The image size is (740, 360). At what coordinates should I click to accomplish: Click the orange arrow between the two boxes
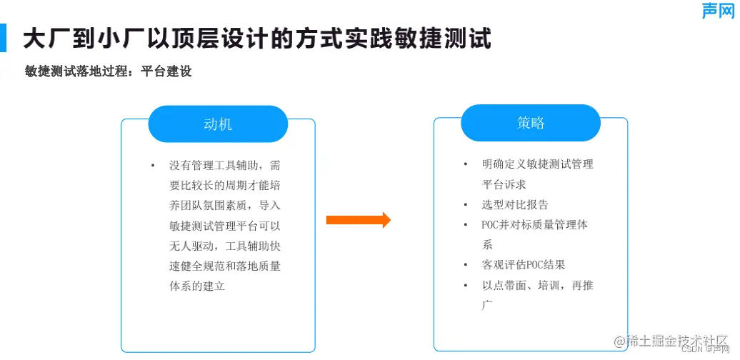click(x=358, y=220)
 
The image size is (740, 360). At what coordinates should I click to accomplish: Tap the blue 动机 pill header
click(x=218, y=124)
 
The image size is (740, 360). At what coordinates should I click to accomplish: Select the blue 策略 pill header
click(x=530, y=123)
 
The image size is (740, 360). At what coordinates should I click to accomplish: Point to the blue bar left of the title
click(x=4, y=38)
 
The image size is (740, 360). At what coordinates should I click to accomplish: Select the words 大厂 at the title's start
click(x=41, y=39)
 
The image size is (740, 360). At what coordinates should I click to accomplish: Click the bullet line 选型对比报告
click(x=515, y=204)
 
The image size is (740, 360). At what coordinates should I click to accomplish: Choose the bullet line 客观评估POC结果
click(x=524, y=265)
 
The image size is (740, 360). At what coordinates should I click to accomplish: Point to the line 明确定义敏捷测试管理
click(x=537, y=164)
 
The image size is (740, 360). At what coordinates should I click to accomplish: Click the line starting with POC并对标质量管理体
click(x=534, y=225)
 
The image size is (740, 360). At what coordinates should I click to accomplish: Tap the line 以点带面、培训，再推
click(x=537, y=286)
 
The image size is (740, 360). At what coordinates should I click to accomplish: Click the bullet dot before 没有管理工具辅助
click(x=153, y=166)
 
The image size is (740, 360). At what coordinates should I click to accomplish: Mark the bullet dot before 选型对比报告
click(x=466, y=205)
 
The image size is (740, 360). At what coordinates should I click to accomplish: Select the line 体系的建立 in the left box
click(x=197, y=286)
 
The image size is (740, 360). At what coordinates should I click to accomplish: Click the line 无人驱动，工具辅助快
click(x=224, y=246)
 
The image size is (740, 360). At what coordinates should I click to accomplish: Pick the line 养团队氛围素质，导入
click(x=224, y=206)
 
